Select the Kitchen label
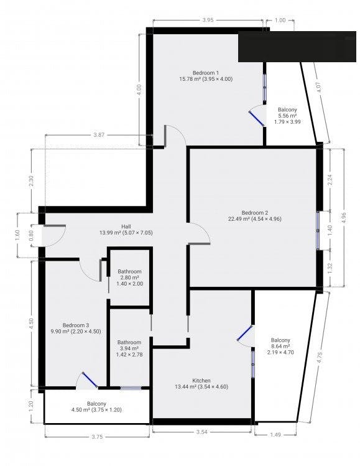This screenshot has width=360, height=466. coord(201,380)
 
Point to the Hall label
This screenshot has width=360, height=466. coord(126,226)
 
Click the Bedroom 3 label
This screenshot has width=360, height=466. coord(76,325)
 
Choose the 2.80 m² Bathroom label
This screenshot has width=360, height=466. coord(129,272)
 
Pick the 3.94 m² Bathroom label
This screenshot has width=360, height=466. coord(129,342)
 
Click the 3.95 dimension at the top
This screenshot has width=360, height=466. coord(208,20)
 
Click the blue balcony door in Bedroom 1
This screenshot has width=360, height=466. coord(256,118)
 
